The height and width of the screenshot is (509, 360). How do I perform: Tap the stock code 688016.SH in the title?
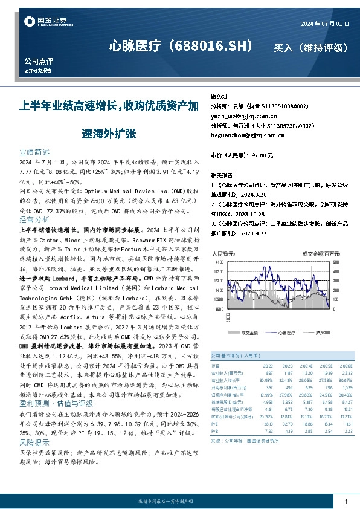[x=214, y=46]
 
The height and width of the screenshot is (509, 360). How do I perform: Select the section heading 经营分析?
[x=34, y=219]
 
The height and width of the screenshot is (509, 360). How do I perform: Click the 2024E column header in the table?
[x=306, y=366]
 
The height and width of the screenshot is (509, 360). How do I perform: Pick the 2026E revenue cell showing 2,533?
[x=345, y=373]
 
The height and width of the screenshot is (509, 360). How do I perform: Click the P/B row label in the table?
[x=215, y=431]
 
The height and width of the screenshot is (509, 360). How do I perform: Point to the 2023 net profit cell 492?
[x=288, y=386]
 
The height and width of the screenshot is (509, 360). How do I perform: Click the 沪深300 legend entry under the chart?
[x=324, y=332]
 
